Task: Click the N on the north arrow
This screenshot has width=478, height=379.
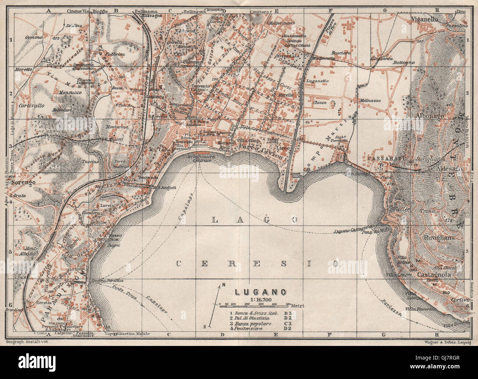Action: pyautogui.click(x=223, y=285)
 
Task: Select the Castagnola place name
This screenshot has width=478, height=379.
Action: pyautogui.click(x=437, y=274)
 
